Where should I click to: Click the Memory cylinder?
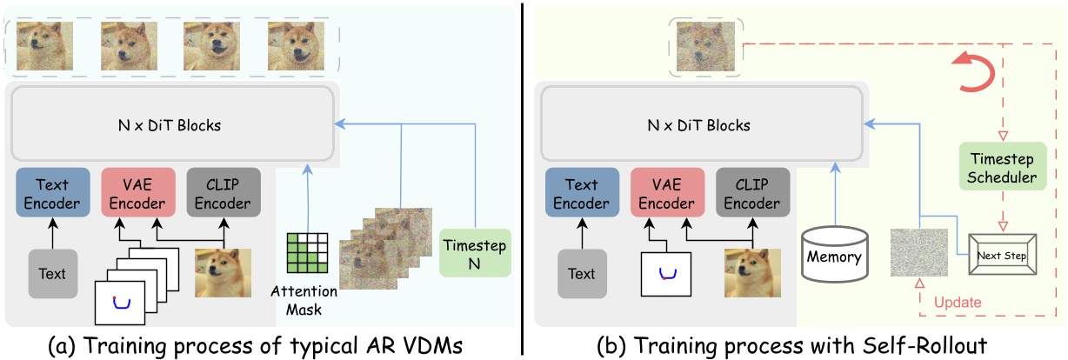click(x=833, y=254)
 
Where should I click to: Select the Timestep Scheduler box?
click(x=1003, y=168)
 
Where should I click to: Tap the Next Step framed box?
click(x=1003, y=257)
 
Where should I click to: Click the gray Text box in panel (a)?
click(x=52, y=272)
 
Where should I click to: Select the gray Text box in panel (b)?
click(x=581, y=272)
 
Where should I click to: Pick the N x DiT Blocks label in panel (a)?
click(x=170, y=125)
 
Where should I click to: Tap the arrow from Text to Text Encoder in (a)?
click(x=52, y=233)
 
